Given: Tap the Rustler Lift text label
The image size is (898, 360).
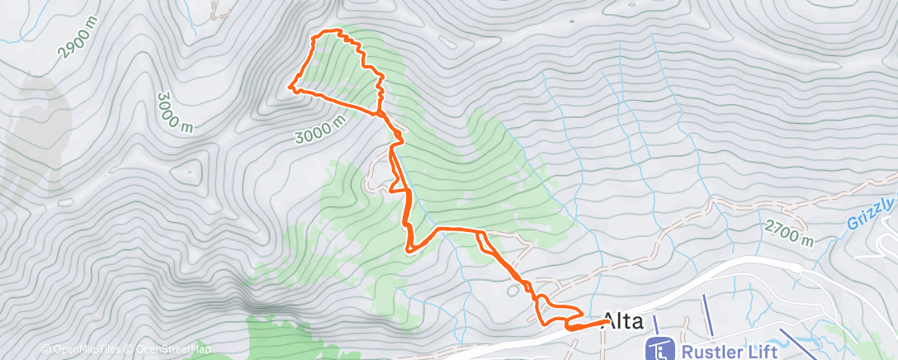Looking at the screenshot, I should pyautogui.click(x=730, y=351).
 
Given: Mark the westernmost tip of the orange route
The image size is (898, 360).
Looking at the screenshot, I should pyautogui.click(x=290, y=84).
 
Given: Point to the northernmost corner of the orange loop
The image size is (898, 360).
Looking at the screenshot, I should pyautogui.click(x=337, y=31).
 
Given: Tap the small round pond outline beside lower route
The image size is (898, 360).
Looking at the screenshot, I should pyautogui.click(x=513, y=290).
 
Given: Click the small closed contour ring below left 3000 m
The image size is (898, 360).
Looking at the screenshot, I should pyautogui.click(x=188, y=173).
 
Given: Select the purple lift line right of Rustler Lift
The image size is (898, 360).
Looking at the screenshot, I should pyautogui.click(x=797, y=341).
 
